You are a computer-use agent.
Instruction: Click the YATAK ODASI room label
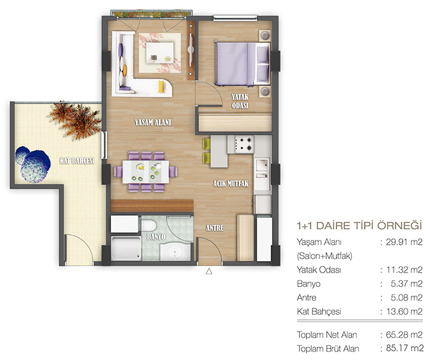(x=240, y=101)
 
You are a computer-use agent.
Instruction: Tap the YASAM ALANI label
(x=153, y=122)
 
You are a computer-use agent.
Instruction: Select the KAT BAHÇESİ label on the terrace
(x=77, y=161)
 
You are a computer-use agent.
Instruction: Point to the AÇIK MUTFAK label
(x=231, y=183)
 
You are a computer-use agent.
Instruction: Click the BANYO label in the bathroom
(x=156, y=236)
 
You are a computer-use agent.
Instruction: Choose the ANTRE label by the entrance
(x=215, y=228)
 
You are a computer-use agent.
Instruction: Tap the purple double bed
(x=242, y=64)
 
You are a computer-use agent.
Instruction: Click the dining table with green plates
(x=146, y=172)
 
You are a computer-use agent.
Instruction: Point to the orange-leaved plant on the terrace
(x=75, y=120)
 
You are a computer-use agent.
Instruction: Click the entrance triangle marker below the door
(x=209, y=272)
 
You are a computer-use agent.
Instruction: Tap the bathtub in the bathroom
(x=126, y=248)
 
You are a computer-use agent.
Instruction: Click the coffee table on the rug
(x=160, y=53)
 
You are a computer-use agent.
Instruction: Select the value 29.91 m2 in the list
(x=404, y=242)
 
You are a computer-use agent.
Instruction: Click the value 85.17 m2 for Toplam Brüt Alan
(x=404, y=348)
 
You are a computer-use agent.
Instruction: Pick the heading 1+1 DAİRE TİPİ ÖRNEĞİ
(x=359, y=225)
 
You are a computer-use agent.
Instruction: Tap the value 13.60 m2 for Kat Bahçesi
(x=404, y=312)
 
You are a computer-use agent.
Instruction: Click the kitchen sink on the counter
(x=262, y=172)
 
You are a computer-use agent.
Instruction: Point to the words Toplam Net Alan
(x=327, y=335)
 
